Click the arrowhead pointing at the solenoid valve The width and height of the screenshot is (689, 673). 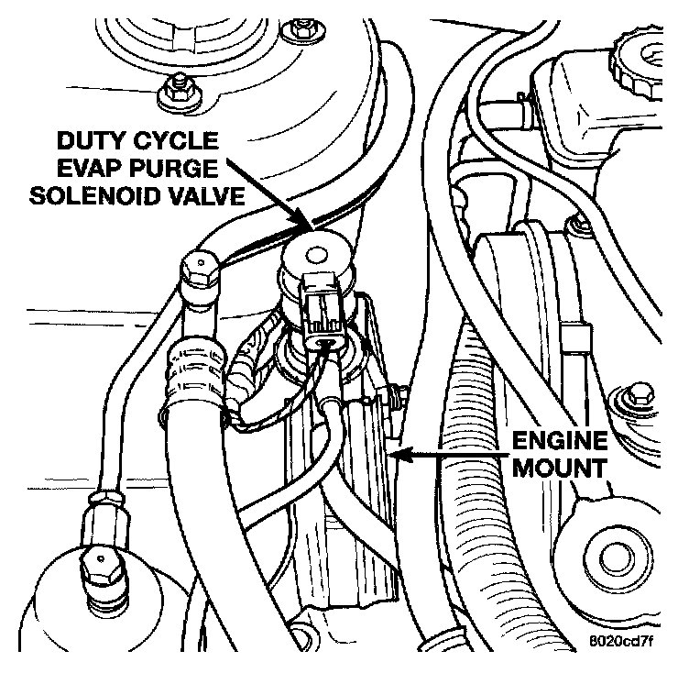pos(308,221)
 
